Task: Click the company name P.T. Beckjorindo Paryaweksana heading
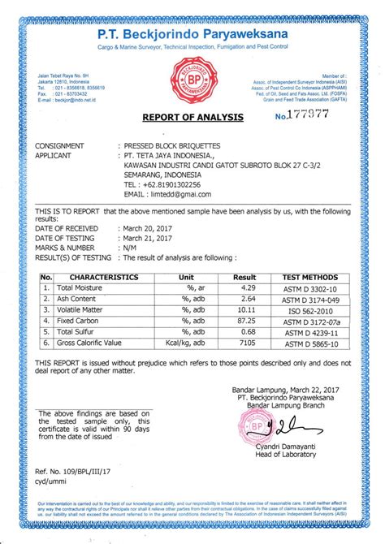[192, 35]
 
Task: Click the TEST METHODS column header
[309, 277]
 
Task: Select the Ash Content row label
[78, 299]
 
